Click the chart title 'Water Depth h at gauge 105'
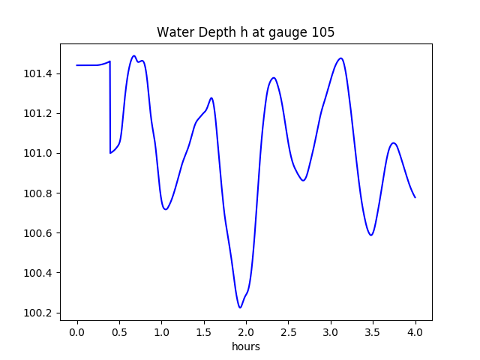click(245, 32)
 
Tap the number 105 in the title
click(324, 32)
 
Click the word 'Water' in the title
click(173, 32)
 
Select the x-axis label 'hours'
click(245, 346)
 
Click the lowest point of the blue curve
click(240, 307)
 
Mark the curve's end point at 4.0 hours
click(415, 197)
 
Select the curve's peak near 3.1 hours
click(341, 58)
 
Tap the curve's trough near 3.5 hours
click(370, 235)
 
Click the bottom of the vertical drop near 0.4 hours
click(110, 153)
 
